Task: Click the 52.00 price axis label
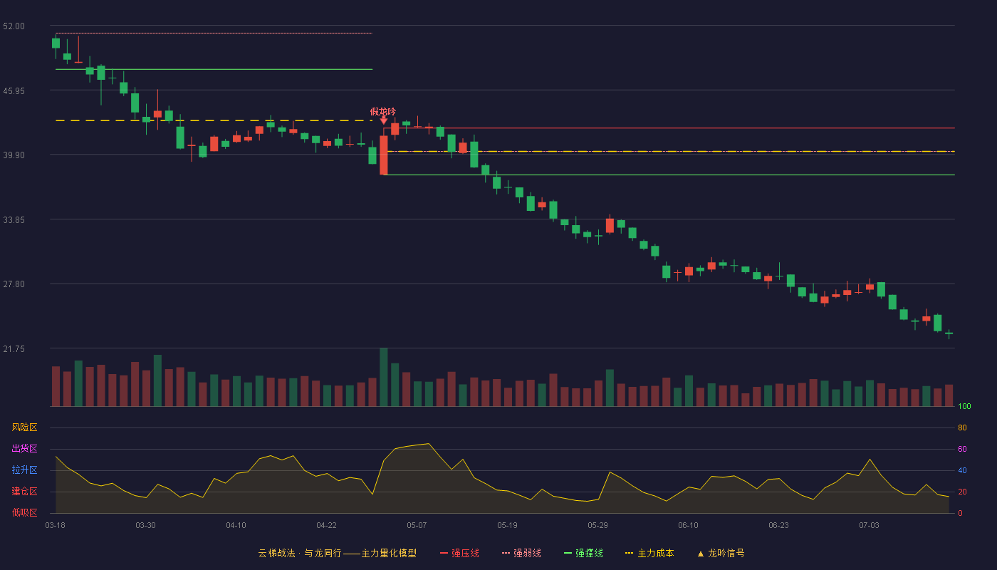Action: click(x=14, y=26)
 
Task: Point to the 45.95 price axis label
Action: click(x=14, y=91)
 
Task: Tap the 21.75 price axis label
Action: click(x=14, y=348)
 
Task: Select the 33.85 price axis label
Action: click(x=14, y=220)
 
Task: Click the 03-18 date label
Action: click(x=56, y=526)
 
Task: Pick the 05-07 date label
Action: click(x=417, y=526)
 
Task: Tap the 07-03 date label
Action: click(x=869, y=526)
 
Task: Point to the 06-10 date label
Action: click(x=688, y=526)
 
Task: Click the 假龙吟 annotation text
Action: click(x=383, y=111)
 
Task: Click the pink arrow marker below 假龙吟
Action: click(x=384, y=120)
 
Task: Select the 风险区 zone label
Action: click(x=24, y=427)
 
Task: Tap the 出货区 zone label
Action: click(x=24, y=448)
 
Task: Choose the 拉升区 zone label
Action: click(x=24, y=470)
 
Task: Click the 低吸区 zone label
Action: click(x=24, y=512)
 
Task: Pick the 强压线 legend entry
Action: click(x=459, y=553)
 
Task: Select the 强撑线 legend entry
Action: click(x=583, y=553)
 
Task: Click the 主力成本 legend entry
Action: click(x=649, y=553)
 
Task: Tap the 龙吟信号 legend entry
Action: click(x=721, y=553)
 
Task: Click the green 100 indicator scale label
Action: click(x=964, y=406)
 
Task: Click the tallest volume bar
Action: click(x=384, y=377)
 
